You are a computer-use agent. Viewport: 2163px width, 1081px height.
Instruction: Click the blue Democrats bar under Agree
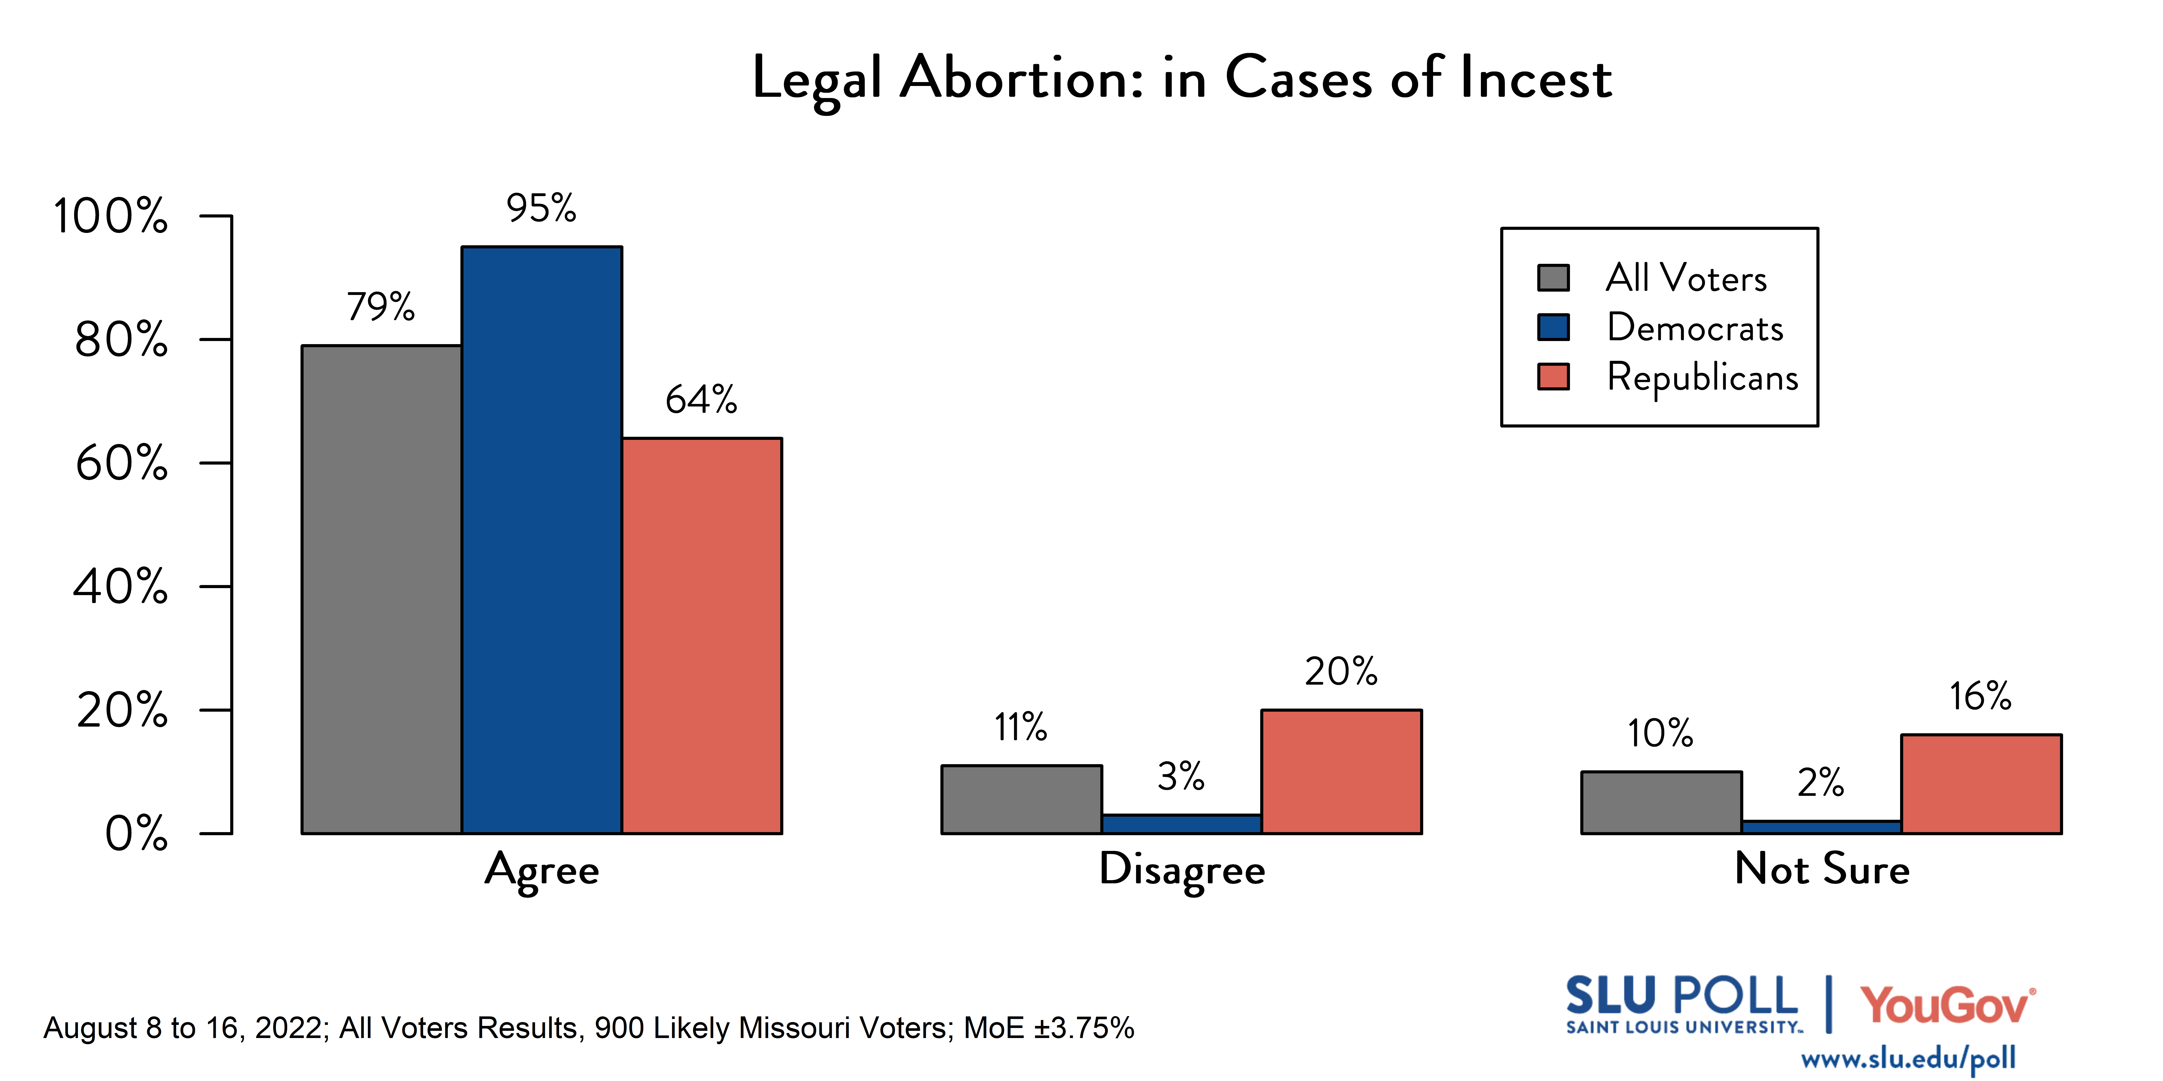click(x=542, y=540)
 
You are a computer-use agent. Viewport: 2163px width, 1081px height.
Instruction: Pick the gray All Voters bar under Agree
click(x=381, y=589)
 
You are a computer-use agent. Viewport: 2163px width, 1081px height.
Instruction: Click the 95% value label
click(x=541, y=208)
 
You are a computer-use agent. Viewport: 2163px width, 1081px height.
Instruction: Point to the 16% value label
click(x=1980, y=697)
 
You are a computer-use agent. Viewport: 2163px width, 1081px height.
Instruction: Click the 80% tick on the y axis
click(x=122, y=340)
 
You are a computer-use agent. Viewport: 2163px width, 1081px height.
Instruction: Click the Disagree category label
click(x=1181, y=869)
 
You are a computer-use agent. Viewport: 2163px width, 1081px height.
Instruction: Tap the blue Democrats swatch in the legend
click(x=1552, y=327)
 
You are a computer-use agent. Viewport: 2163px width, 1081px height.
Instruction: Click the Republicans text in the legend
click(x=1702, y=377)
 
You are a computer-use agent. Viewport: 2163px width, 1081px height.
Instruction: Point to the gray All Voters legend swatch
click(x=1552, y=278)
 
